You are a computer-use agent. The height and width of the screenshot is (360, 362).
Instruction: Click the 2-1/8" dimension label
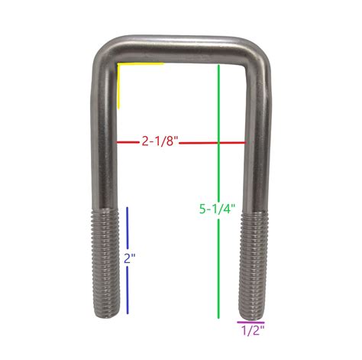coord(160,141)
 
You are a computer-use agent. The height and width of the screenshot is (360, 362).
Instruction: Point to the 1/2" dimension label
coord(252,331)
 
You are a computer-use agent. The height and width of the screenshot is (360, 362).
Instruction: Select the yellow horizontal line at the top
coord(141,64)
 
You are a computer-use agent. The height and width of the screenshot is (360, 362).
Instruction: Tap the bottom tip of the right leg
coord(252,316)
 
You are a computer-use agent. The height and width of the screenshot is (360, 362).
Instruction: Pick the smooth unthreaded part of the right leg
coord(257,145)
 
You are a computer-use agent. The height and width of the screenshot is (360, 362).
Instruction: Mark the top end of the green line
coord(219,66)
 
